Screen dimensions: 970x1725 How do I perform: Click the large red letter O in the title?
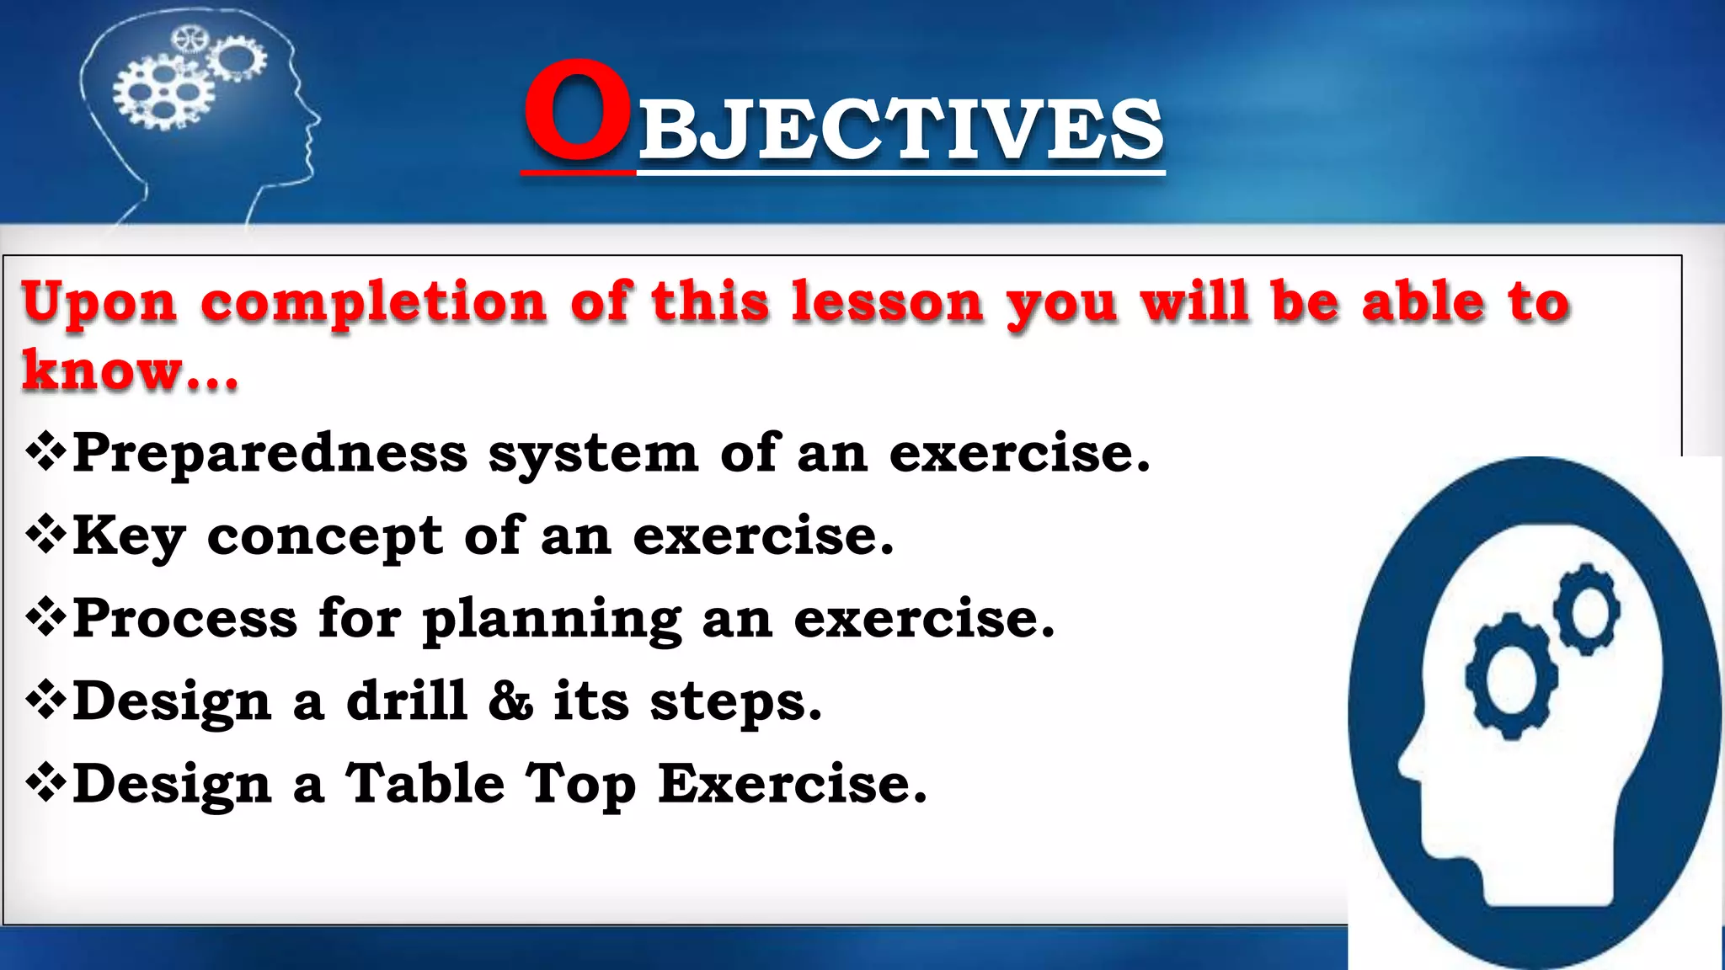pyautogui.click(x=577, y=111)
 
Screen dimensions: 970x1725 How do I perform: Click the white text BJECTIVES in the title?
pyautogui.click(x=900, y=129)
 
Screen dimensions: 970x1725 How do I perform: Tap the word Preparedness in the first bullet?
pyautogui.click(x=270, y=453)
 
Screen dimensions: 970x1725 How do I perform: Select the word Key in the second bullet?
pyautogui.click(x=129, y=536)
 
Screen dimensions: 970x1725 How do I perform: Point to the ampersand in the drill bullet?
pyautogui.click(x=510, y=701)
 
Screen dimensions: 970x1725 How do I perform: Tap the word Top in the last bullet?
pyautogui.click(x=581, y=785)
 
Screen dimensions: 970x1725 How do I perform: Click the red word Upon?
pyautogui.click(x=99, y=303)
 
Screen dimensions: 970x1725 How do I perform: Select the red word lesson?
pyautogui.click(x=887, y=301)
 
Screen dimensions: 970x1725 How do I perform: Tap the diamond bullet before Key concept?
pyautogui.click(x=45, y=536)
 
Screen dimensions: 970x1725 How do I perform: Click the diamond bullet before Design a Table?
pyautogui.click(x=45, y=784)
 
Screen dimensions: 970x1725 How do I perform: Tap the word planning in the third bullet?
pyautogui.click(x=552, y=620)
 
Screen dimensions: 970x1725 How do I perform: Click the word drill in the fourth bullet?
pyautogui.click(x=407, y=701)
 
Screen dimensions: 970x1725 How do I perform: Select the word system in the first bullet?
pyautogui.click(x=593, y=454)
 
